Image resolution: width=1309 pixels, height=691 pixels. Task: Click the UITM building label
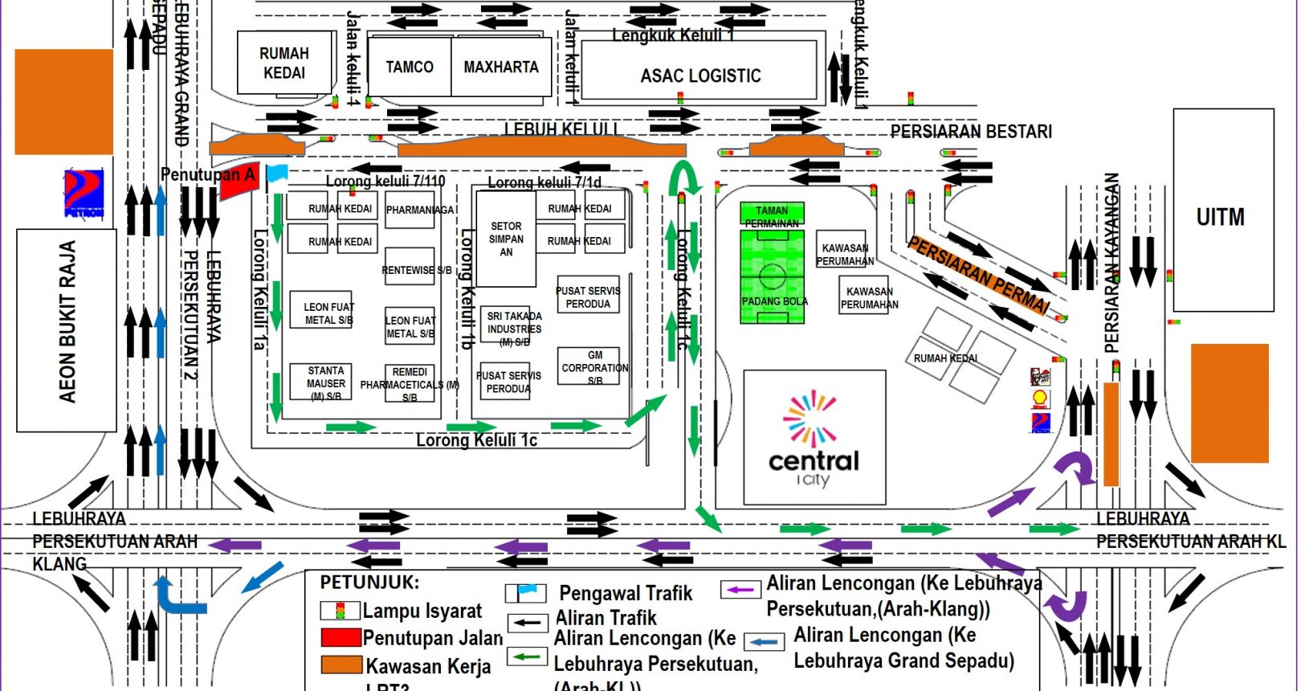click(x=1220, y=217)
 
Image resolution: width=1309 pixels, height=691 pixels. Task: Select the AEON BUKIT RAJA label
click(x=67, y=321)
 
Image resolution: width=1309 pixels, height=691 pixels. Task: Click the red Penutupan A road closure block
click(x=239, y=182)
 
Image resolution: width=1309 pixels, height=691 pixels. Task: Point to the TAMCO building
click(x=409, y=67)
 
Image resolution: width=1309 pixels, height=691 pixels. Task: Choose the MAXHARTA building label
click(x=501, y=67)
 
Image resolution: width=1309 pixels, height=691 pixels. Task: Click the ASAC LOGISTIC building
click(x=700, y=76)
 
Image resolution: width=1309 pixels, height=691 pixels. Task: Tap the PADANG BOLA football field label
click(x=774, y=301)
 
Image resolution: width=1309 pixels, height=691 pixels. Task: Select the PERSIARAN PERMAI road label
click(x=978, y=275)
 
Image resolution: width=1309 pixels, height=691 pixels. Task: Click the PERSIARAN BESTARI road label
click(x=971, y=131)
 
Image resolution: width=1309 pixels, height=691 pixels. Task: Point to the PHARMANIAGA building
click(x=420, y=211)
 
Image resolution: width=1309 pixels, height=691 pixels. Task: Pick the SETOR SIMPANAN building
click(x=506, y=239)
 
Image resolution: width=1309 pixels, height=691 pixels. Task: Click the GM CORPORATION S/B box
click(x=594, y=367)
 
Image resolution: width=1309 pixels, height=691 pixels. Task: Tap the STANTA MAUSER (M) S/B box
click(x=325, y=383)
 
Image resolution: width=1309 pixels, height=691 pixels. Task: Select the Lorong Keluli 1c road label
click(x=476, y=440)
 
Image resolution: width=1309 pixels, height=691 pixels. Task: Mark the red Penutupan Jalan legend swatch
click(x=341, y=637)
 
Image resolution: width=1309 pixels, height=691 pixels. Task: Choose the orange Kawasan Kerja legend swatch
click(x=341, y=664)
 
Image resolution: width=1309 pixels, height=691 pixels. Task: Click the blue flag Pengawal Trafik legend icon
click(x=526, y=593)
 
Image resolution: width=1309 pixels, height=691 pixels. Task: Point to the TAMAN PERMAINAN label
click(x=771, y=216)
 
